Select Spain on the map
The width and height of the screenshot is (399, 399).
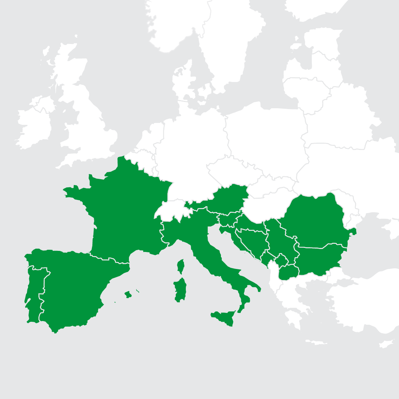pyautogui.click(x=70, y=288)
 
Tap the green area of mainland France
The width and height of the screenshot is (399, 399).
pyautogui.click(x=122, y=214)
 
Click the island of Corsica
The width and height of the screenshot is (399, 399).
pyautogui.click(x=181, y=266)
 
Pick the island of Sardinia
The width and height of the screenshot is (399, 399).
pyautogui.click(x=180, y=290)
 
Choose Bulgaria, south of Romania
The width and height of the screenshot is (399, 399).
pyautogui.click(x=318, y=259)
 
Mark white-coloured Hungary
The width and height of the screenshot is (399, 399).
pyautogui.click(x=266, y=207)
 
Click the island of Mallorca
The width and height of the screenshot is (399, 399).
pyautogui.click(x=128, y=294)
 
